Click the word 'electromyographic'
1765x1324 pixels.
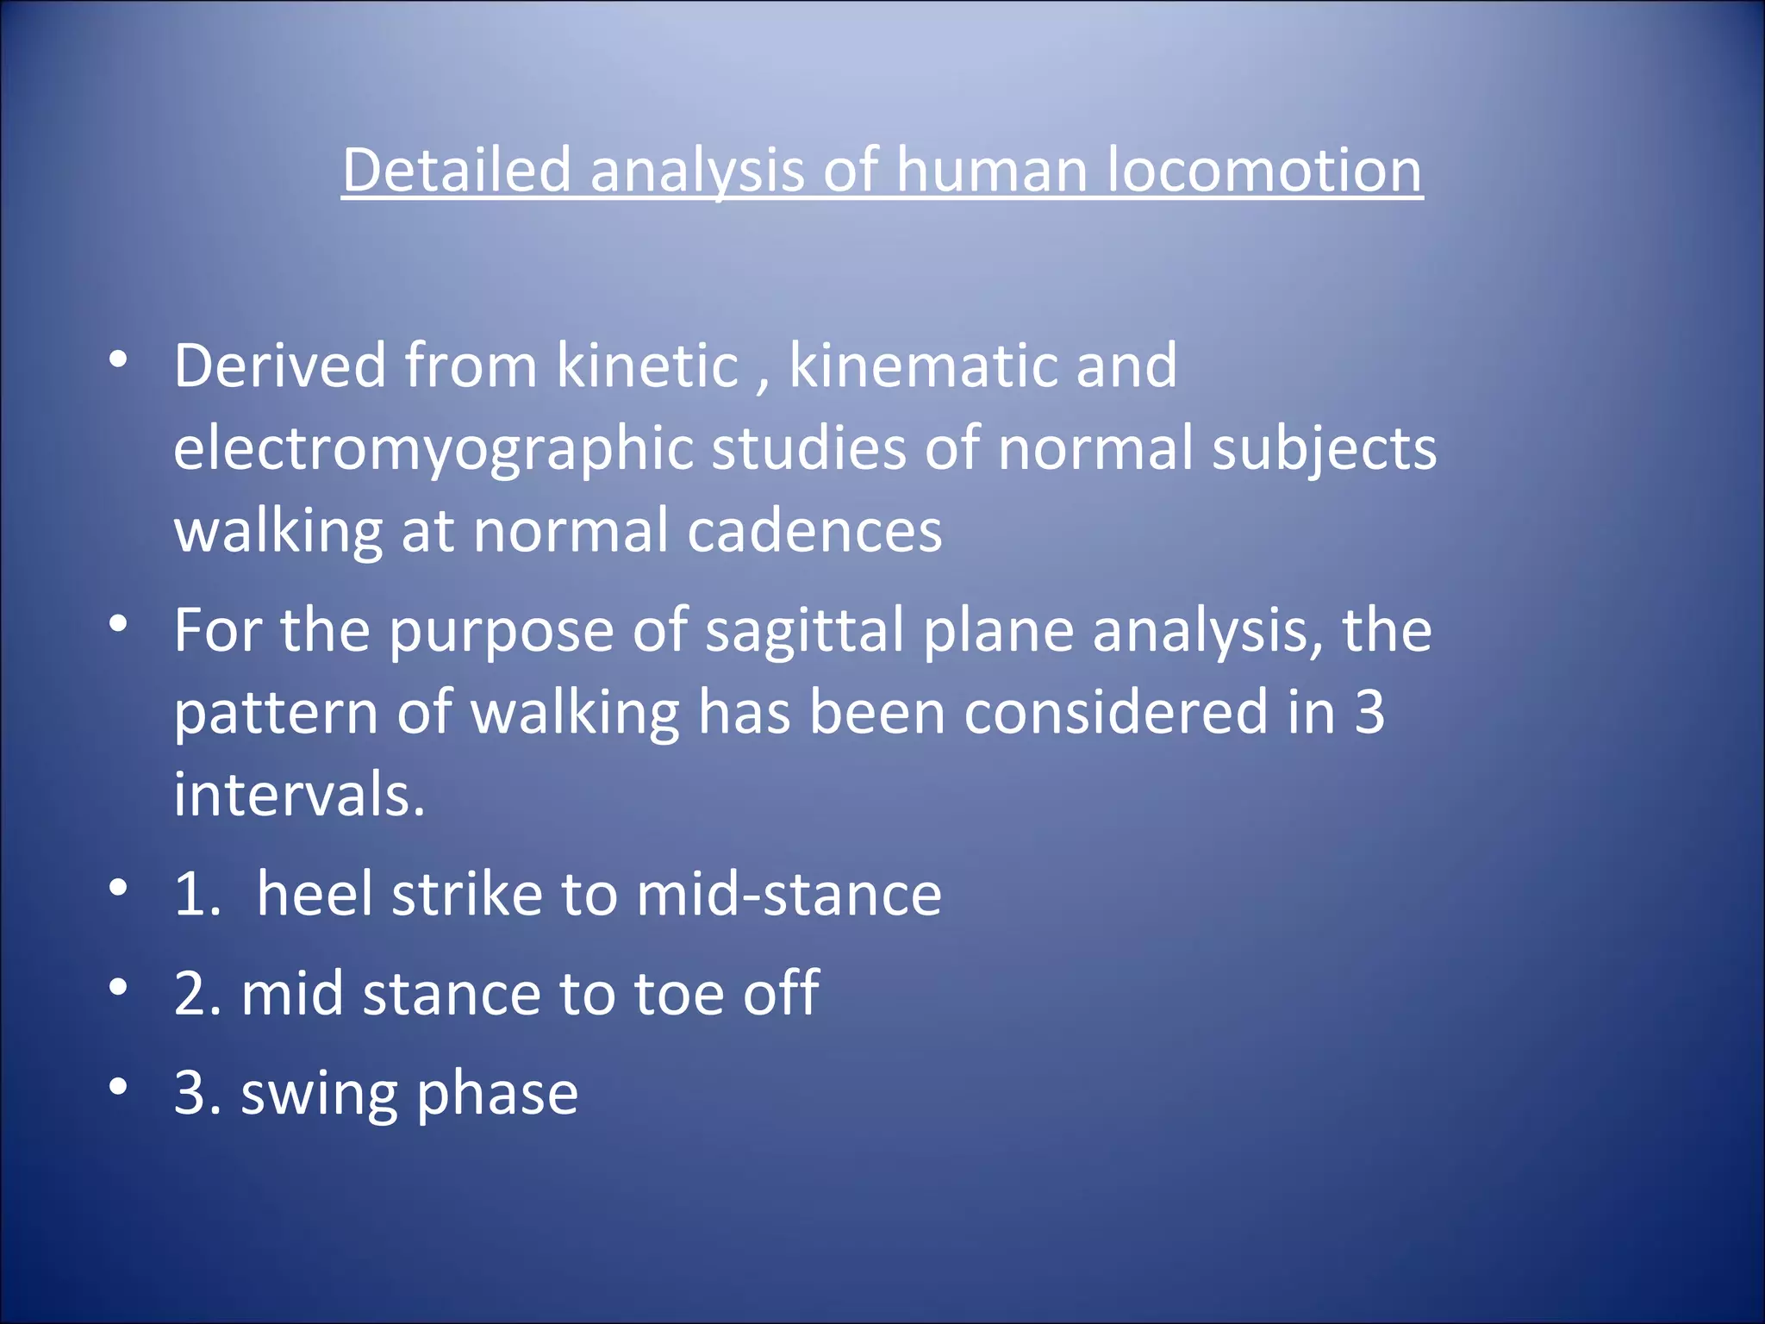click(433, 450)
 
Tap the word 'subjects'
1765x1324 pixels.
click(1324, 450)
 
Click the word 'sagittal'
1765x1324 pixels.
click(804, 630)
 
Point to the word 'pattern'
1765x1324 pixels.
click(276, 714)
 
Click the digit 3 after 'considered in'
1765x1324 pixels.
click(1369, 712)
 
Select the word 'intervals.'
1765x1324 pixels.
click(299, 794)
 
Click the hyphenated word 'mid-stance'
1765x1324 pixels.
click(789, 893)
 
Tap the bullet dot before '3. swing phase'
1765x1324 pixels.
click(119, 1086)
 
